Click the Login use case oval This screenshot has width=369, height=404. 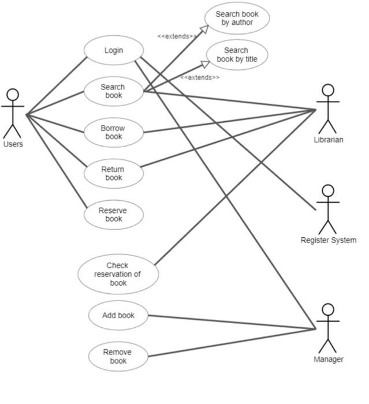(x=114, y=50)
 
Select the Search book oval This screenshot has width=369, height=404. (x=114, y=91)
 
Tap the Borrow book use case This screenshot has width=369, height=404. (x=114, y=132)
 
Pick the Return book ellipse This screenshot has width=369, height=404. (x=114, y=174)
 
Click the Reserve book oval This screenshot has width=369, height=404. (x=114, y=215)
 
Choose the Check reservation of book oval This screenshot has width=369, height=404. (x=118, y=274)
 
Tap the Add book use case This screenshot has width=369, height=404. (x=118, y=316)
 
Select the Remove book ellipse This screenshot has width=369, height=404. (x=118, y=357)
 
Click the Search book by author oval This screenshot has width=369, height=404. (x=237, y=18)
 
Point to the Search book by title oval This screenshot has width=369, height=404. (x=237, y=55)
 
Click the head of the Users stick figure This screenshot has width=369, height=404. (x=12, y=95)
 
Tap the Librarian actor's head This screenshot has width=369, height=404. (x=328, y=91)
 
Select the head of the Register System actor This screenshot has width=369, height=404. (x=328, y=191)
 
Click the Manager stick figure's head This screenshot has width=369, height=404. (x=328, y=310)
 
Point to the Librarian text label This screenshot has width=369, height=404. (x=329, y=140)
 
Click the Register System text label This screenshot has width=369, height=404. (x=329, y=240)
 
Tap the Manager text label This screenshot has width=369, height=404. (x=329, y=359)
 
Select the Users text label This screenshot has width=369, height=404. (x=13, y=144)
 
